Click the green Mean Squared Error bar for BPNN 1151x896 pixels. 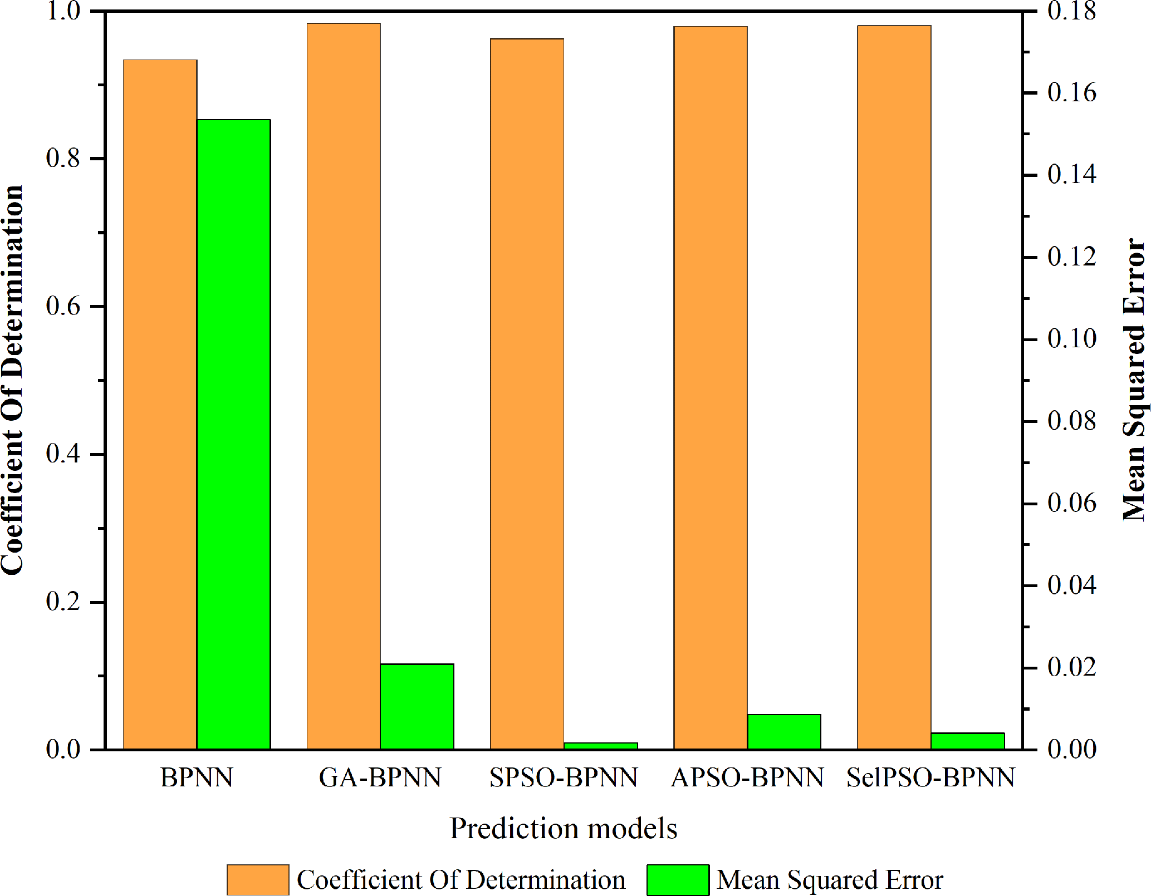coord(233,434)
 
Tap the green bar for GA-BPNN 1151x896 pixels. coord(417,706)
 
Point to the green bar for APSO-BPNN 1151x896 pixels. coord(784,731)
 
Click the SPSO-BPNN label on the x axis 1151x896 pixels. coord(564,777)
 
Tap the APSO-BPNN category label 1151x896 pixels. coord(747,777)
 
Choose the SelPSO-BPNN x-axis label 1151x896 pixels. coord(930,777)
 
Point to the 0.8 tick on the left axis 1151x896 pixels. coord(63,159)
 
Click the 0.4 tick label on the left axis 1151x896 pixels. coord(63,454)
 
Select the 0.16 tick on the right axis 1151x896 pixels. coord(1071,93)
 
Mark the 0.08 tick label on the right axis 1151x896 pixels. coord(1071,421)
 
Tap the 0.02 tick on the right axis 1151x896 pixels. coord(1071,667)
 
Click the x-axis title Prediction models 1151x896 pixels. coord(564,828)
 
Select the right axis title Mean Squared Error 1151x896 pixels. coord(1134,380)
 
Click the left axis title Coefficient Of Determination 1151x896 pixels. coord(12,380)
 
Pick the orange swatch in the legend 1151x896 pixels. coord(258,880)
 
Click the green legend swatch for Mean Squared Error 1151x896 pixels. coord(678,880)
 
